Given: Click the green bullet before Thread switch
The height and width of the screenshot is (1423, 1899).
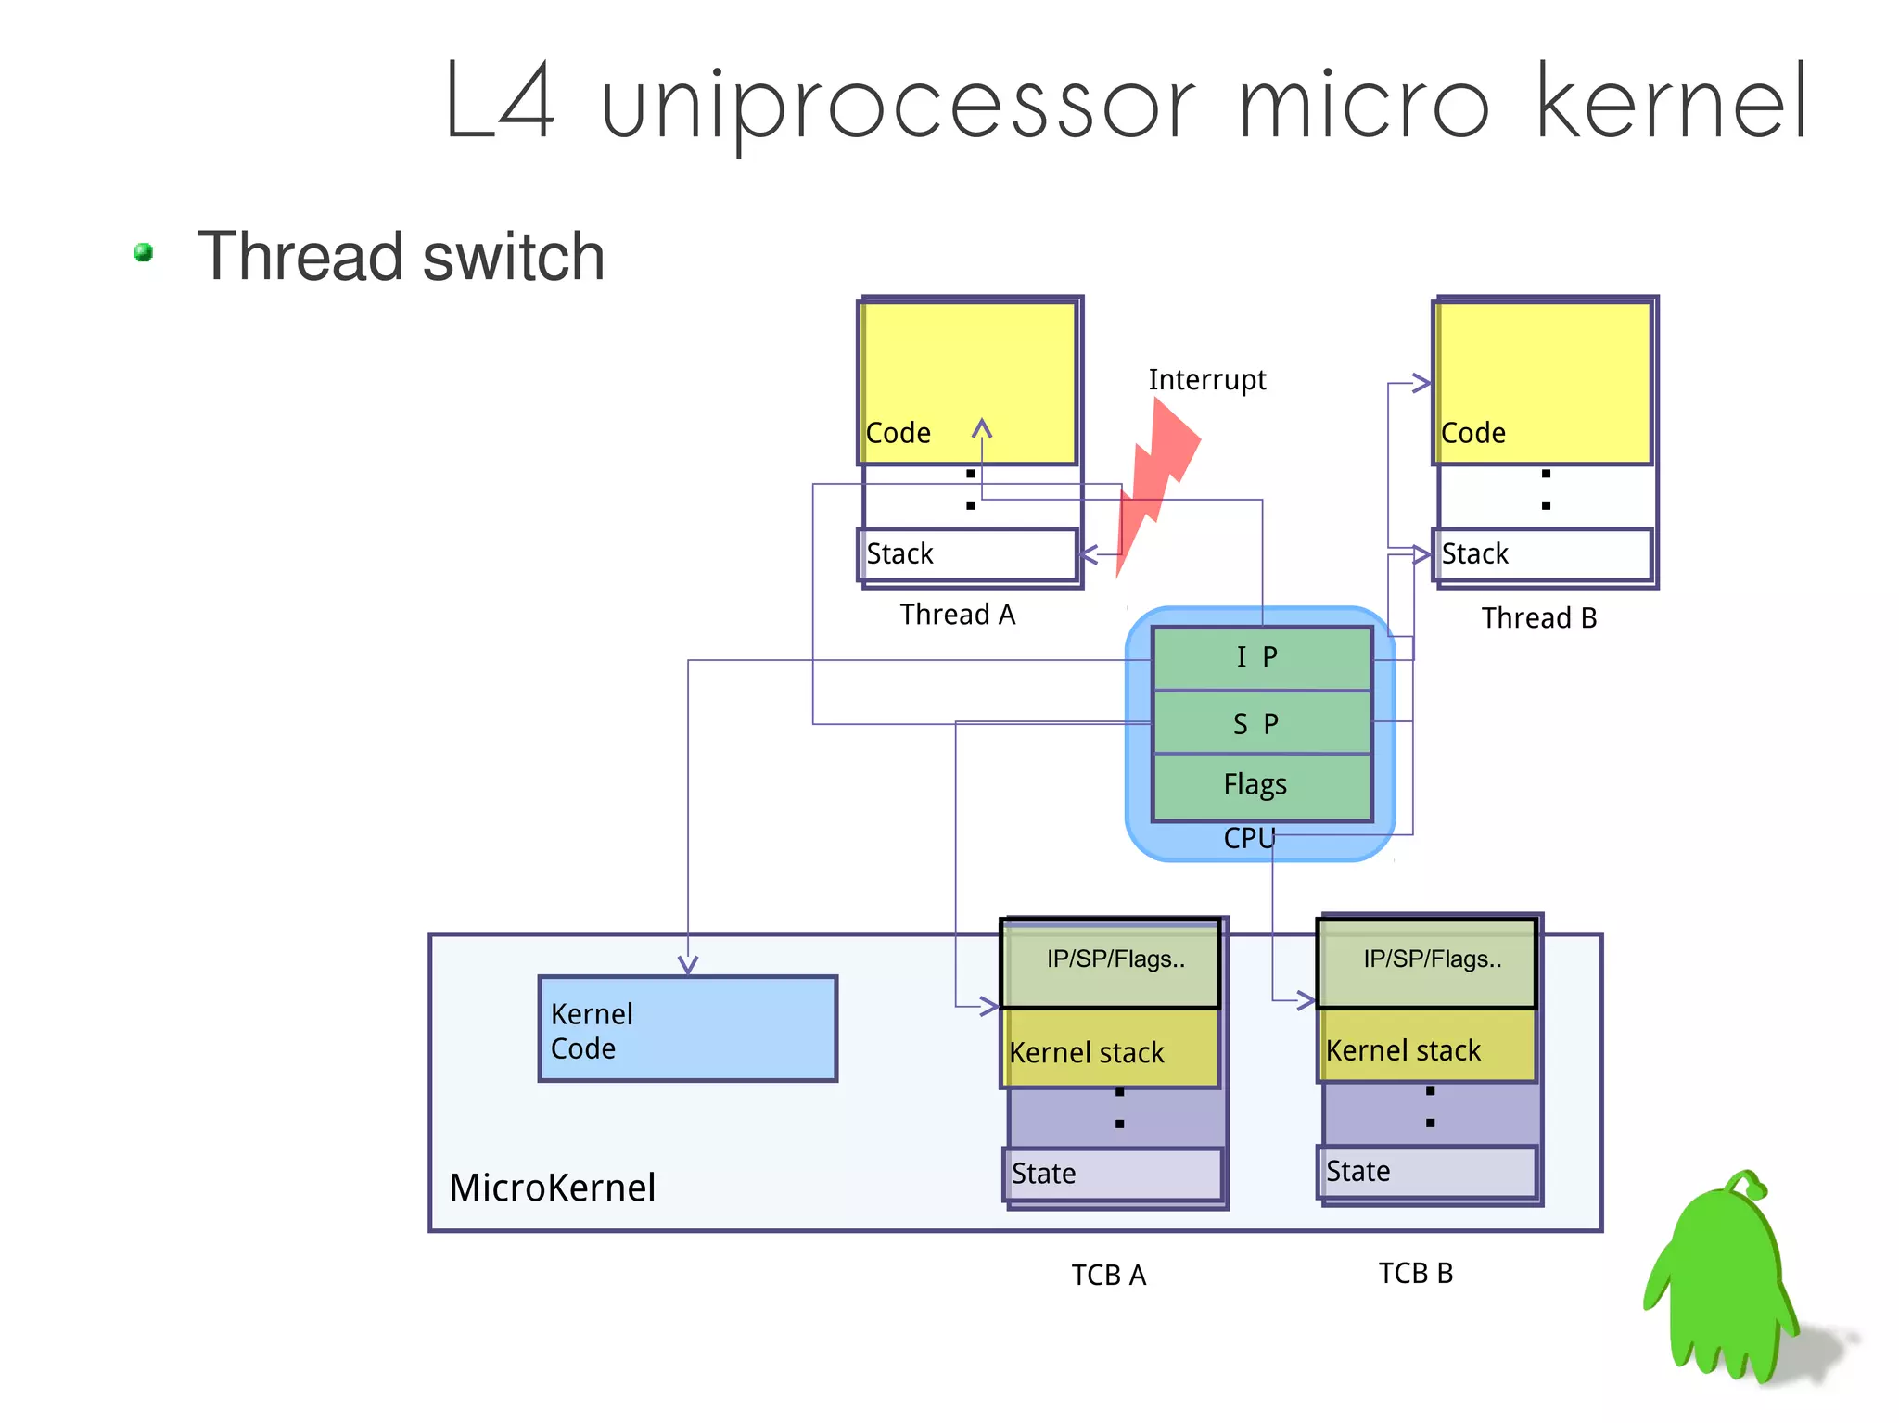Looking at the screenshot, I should (144, 252).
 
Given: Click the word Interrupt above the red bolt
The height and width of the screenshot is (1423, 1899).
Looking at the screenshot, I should (1206, 380).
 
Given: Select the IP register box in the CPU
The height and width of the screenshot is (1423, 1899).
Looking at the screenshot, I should (1261, 657).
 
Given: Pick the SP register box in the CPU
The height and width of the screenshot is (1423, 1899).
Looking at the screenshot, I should (1261, 723).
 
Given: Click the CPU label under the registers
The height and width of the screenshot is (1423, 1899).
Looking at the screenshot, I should (1249, 838).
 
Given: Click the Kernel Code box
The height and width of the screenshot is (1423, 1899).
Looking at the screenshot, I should (687, 1029).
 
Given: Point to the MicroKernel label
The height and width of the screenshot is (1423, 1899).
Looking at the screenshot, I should (553, 1188).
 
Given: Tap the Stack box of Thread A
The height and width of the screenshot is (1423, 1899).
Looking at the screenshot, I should (967, 554).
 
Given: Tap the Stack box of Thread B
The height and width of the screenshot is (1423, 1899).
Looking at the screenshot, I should (1542, 554).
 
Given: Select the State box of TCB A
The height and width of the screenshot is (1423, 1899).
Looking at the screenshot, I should (1113, 1174).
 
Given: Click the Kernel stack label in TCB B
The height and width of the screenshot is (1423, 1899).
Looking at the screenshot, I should (1403, 1050).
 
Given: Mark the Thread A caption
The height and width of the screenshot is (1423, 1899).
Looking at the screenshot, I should (957, 615).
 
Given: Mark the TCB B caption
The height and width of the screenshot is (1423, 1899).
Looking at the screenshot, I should (1415, 1273).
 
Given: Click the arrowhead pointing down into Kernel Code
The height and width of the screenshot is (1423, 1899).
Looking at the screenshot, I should (687, 965).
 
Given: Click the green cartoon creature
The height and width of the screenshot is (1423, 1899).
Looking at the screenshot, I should (1725, 1279).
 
